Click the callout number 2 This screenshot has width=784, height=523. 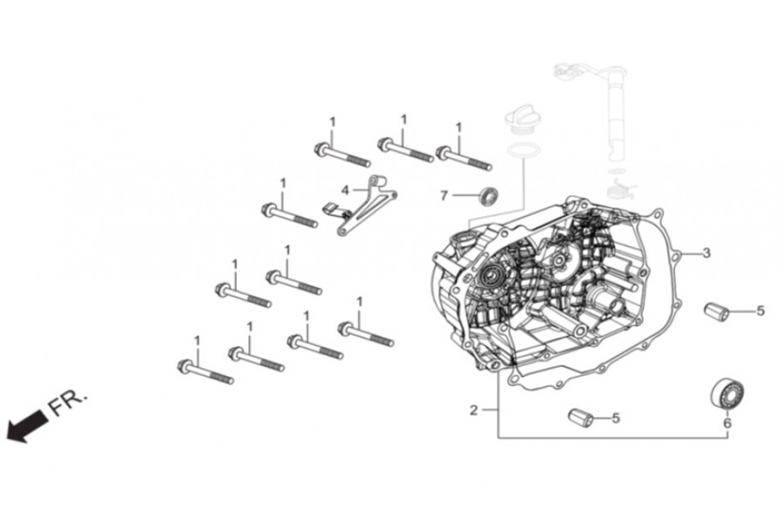474,411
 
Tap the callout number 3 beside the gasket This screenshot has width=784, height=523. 706,253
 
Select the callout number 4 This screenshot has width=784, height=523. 345,190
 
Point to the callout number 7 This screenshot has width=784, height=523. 443,195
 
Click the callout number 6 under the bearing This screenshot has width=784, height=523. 727,423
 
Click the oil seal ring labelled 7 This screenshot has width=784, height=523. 490,195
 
